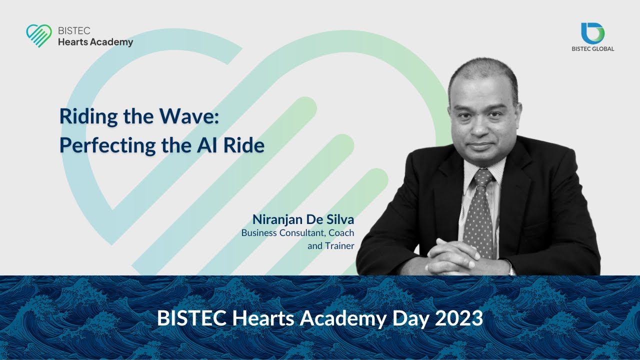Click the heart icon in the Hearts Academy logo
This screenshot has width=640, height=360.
point(38,35)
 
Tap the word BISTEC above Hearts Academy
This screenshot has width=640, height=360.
point(74,30)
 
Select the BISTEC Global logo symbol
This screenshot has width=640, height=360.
point(592,33)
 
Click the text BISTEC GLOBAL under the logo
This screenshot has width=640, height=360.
point(592,49)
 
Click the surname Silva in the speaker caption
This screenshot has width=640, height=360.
point(339,219)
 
